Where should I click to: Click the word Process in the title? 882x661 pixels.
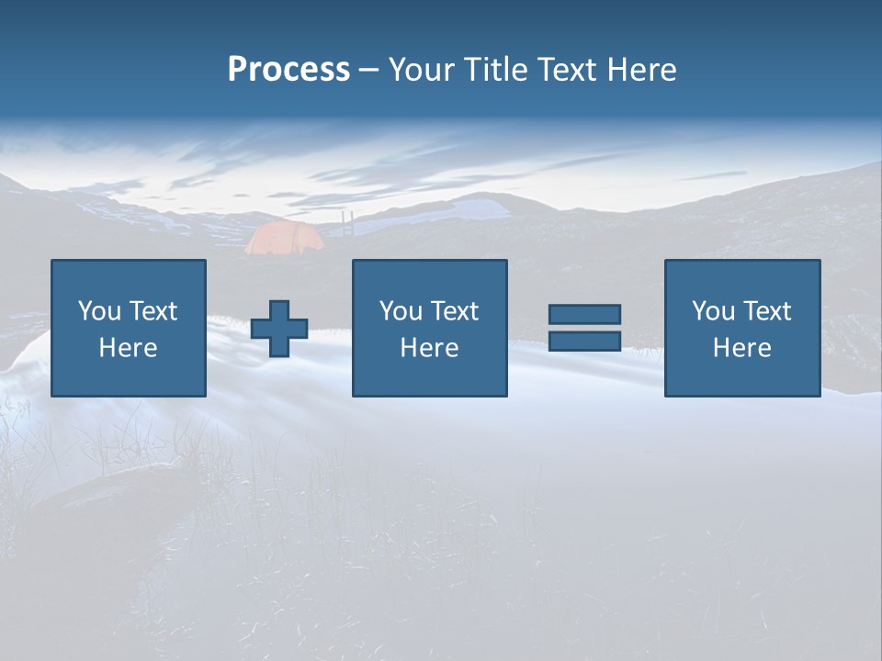[288, 69]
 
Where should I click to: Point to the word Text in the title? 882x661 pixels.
[567, 69]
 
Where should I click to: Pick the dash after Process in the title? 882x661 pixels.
[368, 71]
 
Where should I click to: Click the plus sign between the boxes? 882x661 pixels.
[279, 329]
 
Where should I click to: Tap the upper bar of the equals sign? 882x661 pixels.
[584, 314]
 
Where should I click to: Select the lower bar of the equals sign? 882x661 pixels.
[584, 341]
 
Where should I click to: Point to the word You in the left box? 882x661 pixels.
[97, 311]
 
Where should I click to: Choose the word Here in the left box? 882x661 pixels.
[128, 348]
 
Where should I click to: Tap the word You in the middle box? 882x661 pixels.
[400, 311]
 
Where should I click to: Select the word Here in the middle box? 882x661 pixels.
[429, 348]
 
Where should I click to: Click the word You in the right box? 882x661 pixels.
[712, 311]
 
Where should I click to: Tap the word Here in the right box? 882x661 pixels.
[741, 348]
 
